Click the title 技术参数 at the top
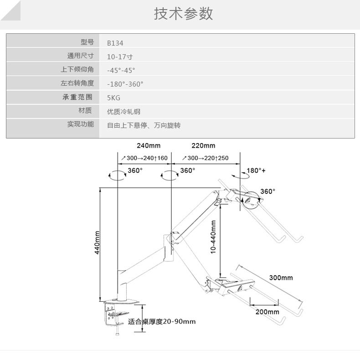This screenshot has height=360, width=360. point(183,14)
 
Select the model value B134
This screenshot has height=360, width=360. point(115,43)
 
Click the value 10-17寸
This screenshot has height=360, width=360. point(119,57)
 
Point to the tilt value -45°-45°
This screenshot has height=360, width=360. point(121,71)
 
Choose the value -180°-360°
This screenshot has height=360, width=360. point(125,84)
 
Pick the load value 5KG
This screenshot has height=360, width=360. point(113,98)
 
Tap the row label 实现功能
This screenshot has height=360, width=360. point(80,124)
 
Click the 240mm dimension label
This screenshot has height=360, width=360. point(148,146)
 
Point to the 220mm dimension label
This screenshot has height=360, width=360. point(203,146)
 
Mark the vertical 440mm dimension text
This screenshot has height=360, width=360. point(97,243)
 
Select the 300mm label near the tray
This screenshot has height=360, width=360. point(281,278)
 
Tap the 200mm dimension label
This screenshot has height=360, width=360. point(267,312)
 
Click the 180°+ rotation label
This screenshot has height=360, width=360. point(256,171)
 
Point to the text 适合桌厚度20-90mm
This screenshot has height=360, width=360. point(162,321)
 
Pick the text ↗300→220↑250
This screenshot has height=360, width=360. point(205,158)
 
